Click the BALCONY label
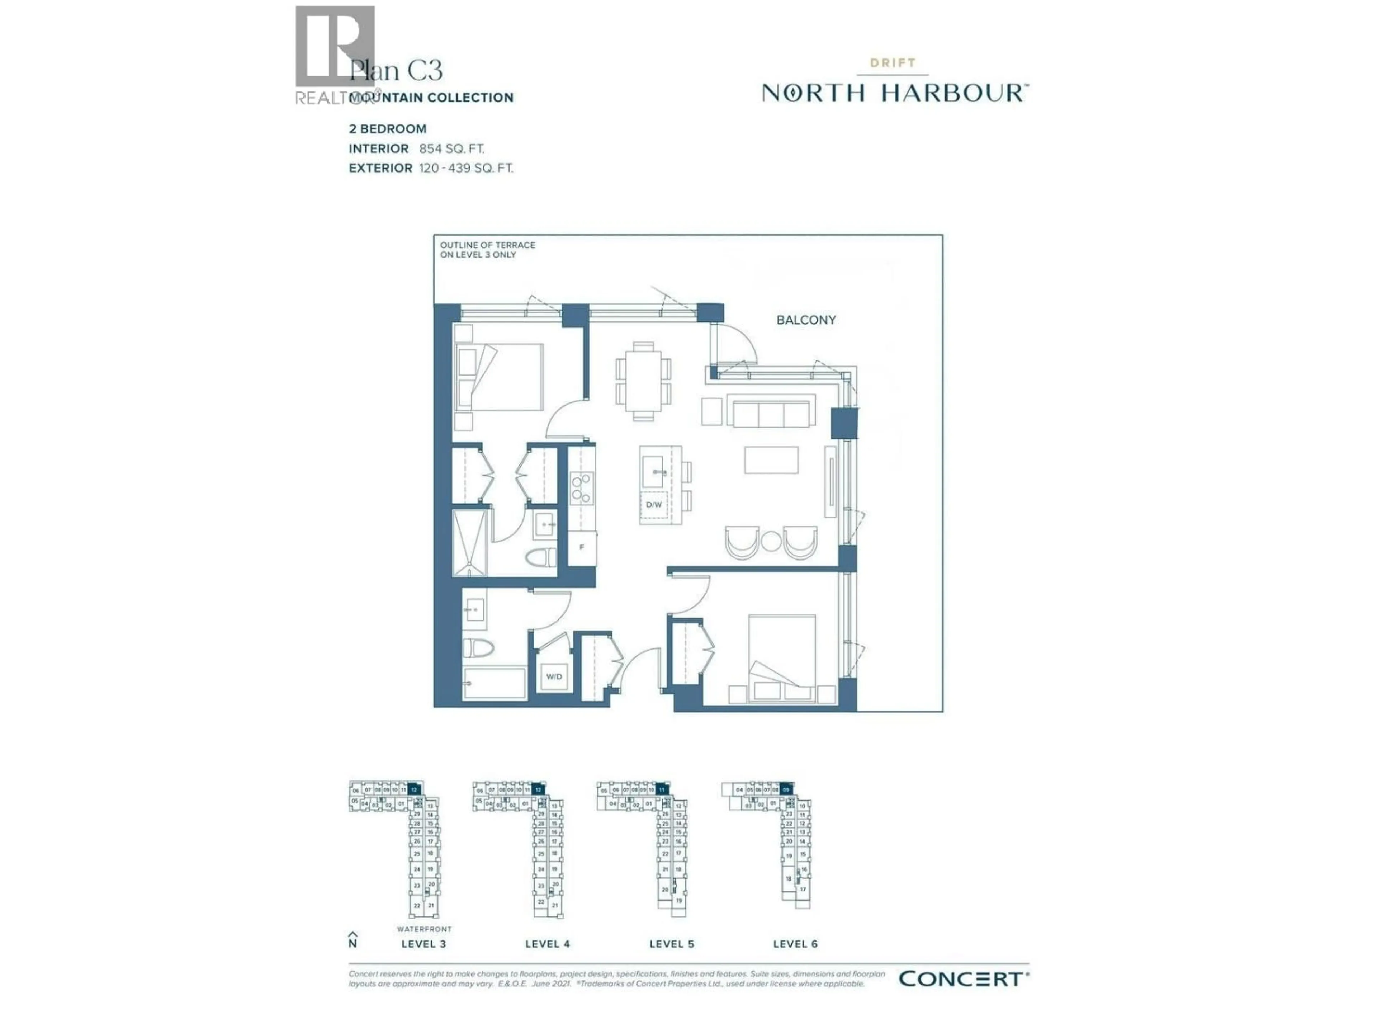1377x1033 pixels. [x=805, y=320]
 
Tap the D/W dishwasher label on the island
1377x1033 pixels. [x=654, y=504]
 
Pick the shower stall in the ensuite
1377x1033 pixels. [x=470, y=543]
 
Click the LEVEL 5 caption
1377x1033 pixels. [x=671, y=944]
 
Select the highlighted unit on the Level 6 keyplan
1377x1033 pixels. [x=786, y=789]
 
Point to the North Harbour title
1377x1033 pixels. [x=895, y=93]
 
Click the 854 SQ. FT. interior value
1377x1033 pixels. [x=451, y=149]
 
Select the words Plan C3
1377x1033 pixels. [x=396, y=70]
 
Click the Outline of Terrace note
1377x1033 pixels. [x=487, y=250]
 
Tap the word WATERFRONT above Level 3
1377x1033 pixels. [x=424, y=929]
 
